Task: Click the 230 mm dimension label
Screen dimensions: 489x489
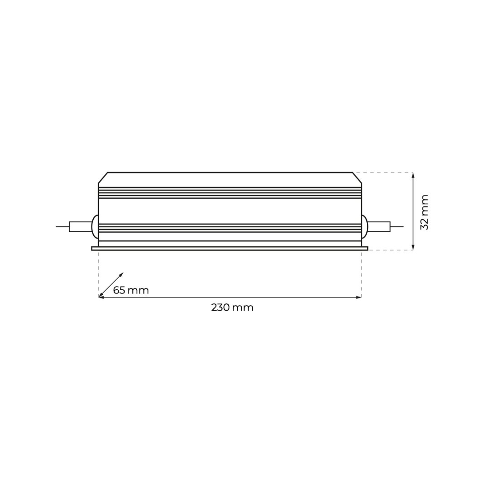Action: pyautogui.click(x=232, y=308)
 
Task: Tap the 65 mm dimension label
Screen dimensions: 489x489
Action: pyautogui.click(x=131, y=291)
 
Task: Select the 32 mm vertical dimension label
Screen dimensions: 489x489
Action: pyautogui.click(x=424, y=212)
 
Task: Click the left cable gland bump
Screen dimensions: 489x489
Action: pyautogui.click(x=95, y=227)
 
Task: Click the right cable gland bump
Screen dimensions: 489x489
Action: pyautogui.click(x=365, y=227)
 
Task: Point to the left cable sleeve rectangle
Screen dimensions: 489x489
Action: pyautogui.click(x=80, y=227)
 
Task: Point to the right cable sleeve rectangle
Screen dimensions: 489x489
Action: pyautogui.click(x=379, y=227)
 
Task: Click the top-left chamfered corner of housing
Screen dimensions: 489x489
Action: pyautogui.click(x=103, y=178)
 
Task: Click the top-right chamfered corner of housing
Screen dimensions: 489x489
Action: pyautogui.click(x=357, y=178)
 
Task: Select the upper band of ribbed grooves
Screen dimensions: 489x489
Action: pyautogui.click(x=230, y=192)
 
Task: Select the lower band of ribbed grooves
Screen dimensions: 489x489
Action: pyautogui.click(x=230, y=228)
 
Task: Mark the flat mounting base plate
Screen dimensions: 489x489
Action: pyautogui.click(x=230, y=249)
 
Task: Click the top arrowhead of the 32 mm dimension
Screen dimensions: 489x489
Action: pyautogui.click(x=413, y=175)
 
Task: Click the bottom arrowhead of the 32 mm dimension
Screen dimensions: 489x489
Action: pyautogui.click(x=413, y=248)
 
